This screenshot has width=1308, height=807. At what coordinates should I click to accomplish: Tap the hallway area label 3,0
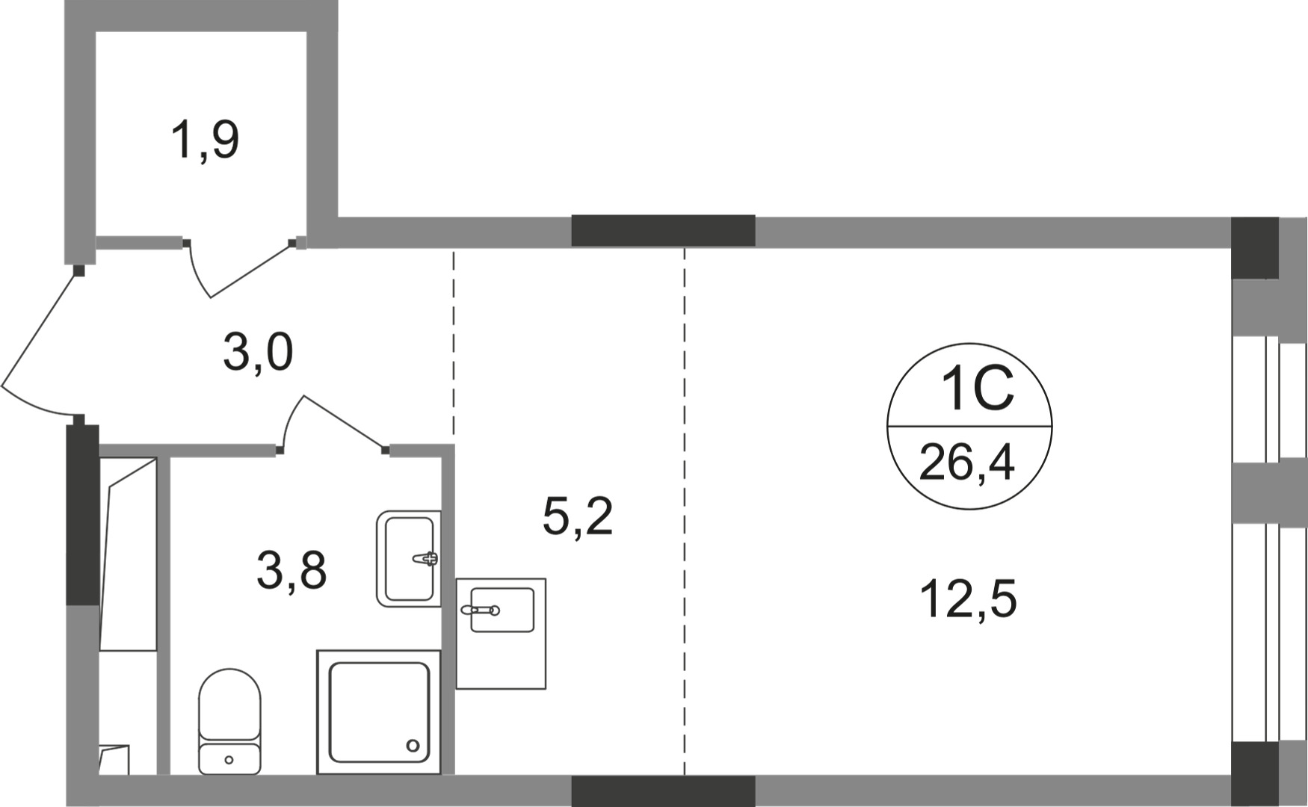coord(258,353)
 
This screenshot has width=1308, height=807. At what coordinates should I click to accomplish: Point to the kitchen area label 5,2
coord(578,516)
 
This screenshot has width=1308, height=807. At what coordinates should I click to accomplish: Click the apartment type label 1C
coord(975,389)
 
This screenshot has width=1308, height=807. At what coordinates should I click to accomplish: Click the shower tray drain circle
coord(413,745)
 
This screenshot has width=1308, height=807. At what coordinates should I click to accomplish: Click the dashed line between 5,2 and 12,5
coord(684,508)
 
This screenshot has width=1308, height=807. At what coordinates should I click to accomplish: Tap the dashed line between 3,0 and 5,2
coord(453,344)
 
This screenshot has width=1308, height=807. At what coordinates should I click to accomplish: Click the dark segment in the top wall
coord(663,231)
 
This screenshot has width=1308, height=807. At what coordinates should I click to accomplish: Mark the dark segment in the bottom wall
coord(663,790)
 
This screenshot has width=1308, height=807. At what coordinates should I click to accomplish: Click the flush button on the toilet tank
coord(229,760)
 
